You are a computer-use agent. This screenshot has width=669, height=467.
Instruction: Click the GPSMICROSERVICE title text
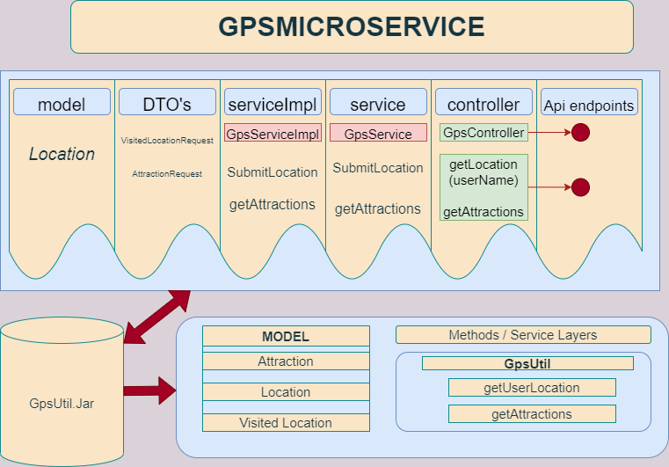352,26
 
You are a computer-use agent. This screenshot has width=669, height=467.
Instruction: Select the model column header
62,102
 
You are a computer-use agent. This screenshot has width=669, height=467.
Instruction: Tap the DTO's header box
167,102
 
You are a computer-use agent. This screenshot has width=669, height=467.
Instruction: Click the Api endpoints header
589,102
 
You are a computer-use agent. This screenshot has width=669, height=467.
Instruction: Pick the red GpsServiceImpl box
273,133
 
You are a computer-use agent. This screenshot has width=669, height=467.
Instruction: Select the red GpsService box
378,133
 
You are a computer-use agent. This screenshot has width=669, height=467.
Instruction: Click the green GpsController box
484,132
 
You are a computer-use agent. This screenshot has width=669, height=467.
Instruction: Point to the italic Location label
62,154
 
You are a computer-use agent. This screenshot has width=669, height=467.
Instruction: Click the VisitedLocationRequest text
167,141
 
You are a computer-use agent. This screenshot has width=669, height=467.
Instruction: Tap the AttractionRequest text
167,174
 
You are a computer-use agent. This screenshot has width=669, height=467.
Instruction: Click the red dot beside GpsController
581,132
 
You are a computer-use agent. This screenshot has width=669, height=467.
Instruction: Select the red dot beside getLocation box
581,187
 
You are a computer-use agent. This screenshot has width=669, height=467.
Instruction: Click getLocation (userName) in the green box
484,172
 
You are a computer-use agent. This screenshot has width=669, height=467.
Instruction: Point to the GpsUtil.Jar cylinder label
62,404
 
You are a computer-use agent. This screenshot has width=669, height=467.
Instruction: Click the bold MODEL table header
286,336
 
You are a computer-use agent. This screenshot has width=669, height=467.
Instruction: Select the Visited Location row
286,423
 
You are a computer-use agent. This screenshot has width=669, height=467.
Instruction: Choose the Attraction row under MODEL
286,361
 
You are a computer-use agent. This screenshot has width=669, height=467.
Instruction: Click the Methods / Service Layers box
524,335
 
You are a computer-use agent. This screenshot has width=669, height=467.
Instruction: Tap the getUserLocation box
532,388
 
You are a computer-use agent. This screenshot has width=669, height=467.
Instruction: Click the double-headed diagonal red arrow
157,317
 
